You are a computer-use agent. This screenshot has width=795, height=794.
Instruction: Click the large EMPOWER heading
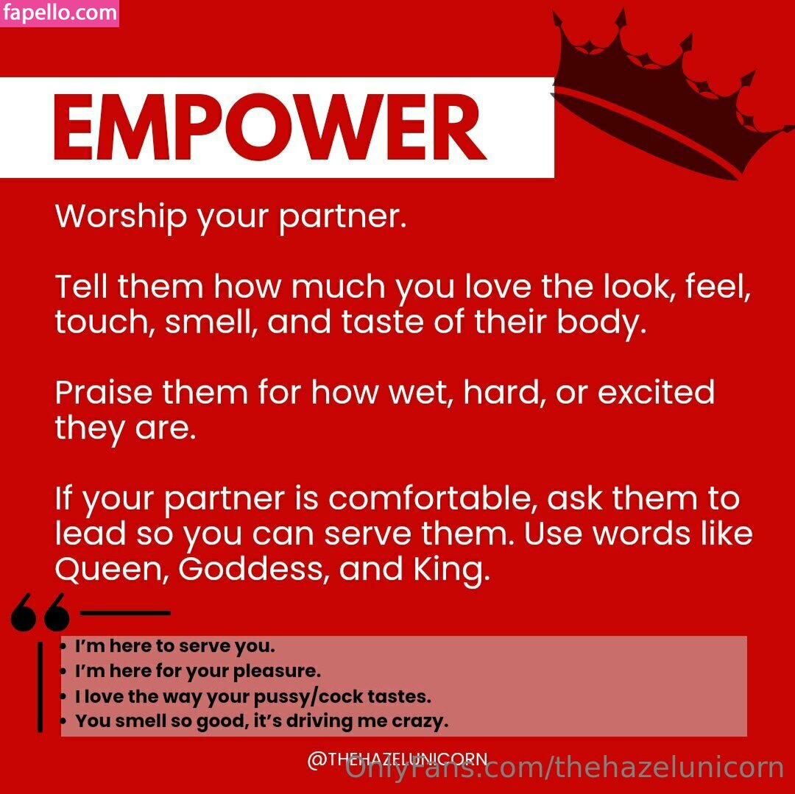coord(269,127)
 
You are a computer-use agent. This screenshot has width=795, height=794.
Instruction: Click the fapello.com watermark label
coord(60,13)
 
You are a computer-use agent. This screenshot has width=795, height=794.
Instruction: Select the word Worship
coord(121,217)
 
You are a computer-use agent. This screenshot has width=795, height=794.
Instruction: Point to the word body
coord(601,322)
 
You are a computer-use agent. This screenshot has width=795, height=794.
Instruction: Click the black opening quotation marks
coord(40,612)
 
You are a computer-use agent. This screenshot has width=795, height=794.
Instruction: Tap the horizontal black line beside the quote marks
coord(125,612)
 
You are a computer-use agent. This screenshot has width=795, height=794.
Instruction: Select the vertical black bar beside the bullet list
coord(40,687)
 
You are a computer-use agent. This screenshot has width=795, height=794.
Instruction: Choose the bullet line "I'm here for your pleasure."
coord(198,671)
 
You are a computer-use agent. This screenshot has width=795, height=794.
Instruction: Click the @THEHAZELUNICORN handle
coord(397,759)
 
